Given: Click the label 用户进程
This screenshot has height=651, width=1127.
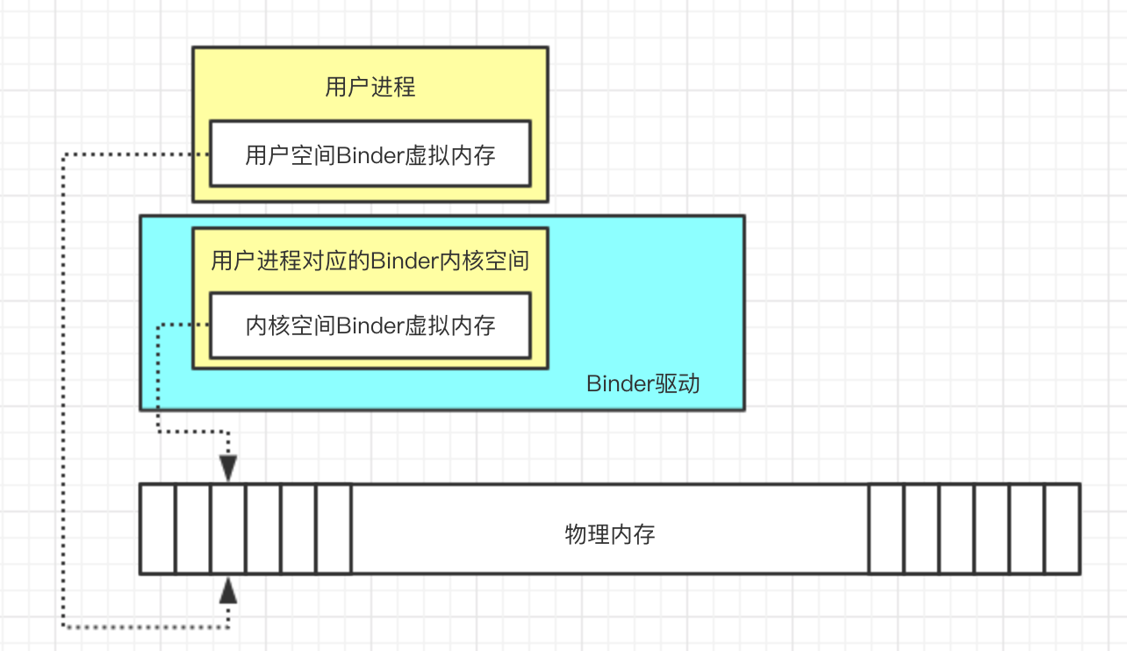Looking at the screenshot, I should pos(370,87).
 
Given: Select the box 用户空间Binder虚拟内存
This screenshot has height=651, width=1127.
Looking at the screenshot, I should pos(370,154).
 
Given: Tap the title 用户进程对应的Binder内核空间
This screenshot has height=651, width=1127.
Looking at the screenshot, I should pos(370,261).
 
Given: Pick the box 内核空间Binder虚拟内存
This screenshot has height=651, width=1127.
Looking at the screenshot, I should pos(370,325).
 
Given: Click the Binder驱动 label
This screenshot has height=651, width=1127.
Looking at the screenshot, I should pos(642,383).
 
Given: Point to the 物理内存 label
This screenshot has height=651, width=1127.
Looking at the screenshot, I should pos(609,534).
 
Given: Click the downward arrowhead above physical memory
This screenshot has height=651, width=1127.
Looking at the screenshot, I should pos(228,468).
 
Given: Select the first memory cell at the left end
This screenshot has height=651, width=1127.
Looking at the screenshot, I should pos(158,529).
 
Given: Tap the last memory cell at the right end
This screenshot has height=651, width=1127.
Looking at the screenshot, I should pos(1062,529).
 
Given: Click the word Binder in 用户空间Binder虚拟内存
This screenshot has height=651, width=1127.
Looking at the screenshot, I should pos(370,155).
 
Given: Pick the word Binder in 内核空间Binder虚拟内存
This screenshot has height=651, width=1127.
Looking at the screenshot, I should pos(370,326).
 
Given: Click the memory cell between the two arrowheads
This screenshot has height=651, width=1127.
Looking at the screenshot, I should pos(228,529).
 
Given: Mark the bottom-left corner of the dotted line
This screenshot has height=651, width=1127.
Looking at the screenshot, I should pos(64,626).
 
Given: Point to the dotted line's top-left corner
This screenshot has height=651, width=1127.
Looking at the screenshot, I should pos(64,155).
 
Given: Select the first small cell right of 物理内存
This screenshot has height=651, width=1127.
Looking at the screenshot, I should pos(887,529).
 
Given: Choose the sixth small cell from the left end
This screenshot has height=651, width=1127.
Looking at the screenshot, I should pos(334,529).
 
